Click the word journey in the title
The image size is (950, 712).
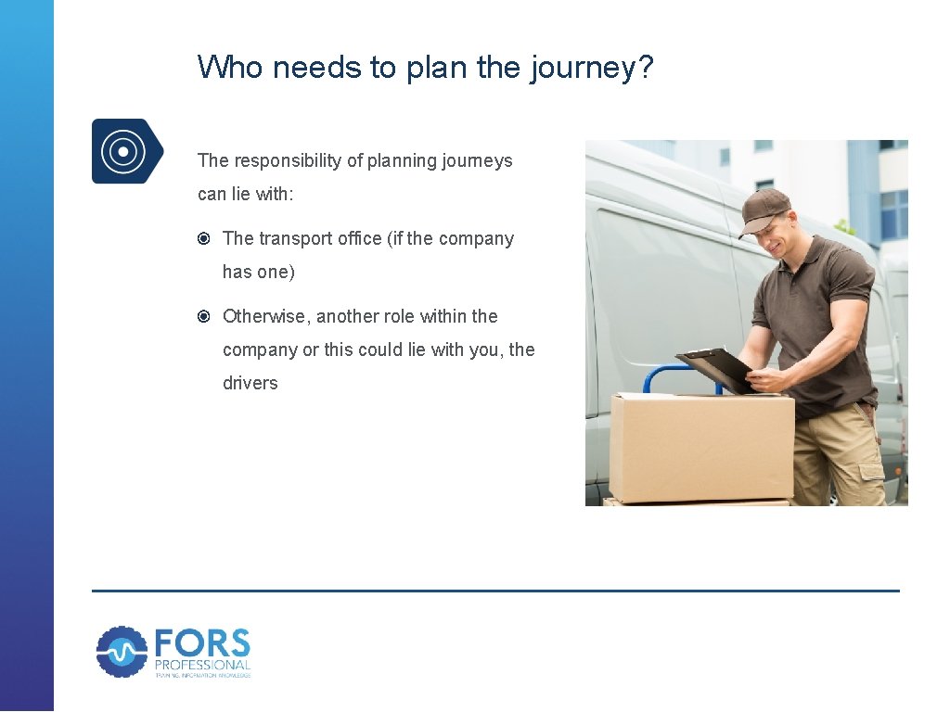tap(584, 68)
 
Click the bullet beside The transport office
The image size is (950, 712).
tap(204, 239)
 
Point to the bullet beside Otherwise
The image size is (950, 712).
tap(204, 317)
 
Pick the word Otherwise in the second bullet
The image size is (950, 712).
tap(266, 316)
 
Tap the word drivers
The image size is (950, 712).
tap(250, 383)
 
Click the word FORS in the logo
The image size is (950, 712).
tap(202, 644)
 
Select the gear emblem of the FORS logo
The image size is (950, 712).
tap(122, 652)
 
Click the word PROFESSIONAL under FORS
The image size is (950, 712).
tap(202, 665)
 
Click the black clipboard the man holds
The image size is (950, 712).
tap(715, 367)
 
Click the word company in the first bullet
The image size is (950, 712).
tap(476, 238)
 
